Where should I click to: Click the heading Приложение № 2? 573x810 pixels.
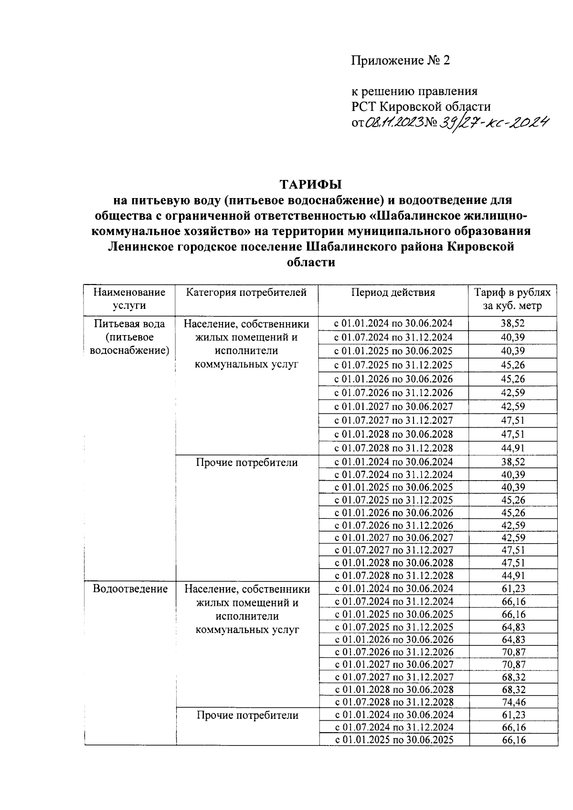[401, 61]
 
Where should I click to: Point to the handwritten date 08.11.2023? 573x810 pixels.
[394, 123]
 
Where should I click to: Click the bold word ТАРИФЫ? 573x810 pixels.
[311, 184]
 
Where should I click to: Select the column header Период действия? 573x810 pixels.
[393, 293]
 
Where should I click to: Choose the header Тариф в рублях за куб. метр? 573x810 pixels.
[512, 299]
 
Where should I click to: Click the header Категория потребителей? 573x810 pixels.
[246, 293]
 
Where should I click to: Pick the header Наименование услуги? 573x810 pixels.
[129, 299]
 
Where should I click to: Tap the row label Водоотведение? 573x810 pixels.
[130, 589]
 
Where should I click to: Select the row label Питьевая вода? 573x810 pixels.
[130, 324]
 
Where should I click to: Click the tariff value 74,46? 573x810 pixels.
[513, 702]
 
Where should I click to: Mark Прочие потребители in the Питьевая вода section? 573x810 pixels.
[247, 463]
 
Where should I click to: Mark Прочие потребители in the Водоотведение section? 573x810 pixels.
[247, 715]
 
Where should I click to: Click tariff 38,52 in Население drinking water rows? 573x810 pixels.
[513, 324]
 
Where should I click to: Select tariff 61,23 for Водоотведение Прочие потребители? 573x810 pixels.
[513, 715]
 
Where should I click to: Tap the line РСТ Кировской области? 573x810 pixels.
[421, 106]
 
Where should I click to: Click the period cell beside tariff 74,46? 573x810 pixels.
[394, 702]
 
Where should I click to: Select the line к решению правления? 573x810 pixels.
[414, 91]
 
